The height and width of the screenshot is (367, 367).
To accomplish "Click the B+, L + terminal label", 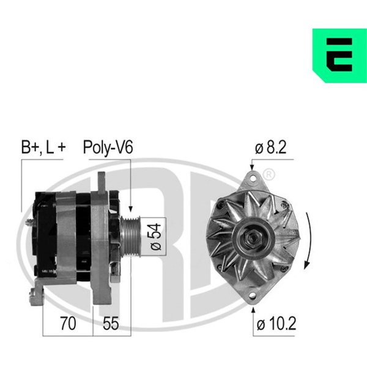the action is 43,147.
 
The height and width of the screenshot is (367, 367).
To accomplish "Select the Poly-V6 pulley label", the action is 108,147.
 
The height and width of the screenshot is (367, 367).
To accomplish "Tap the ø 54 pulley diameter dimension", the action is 155,237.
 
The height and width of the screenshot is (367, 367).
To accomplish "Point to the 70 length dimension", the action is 68,324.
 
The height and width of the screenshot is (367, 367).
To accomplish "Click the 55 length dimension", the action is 111,324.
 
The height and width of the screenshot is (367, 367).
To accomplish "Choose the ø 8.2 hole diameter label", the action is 270,147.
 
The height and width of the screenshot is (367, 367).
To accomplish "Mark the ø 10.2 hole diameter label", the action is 276,324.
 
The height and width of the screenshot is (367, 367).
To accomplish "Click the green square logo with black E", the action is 339,56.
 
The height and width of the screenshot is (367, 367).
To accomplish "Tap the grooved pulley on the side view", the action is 130,237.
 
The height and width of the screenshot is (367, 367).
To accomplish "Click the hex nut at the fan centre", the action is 253,238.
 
